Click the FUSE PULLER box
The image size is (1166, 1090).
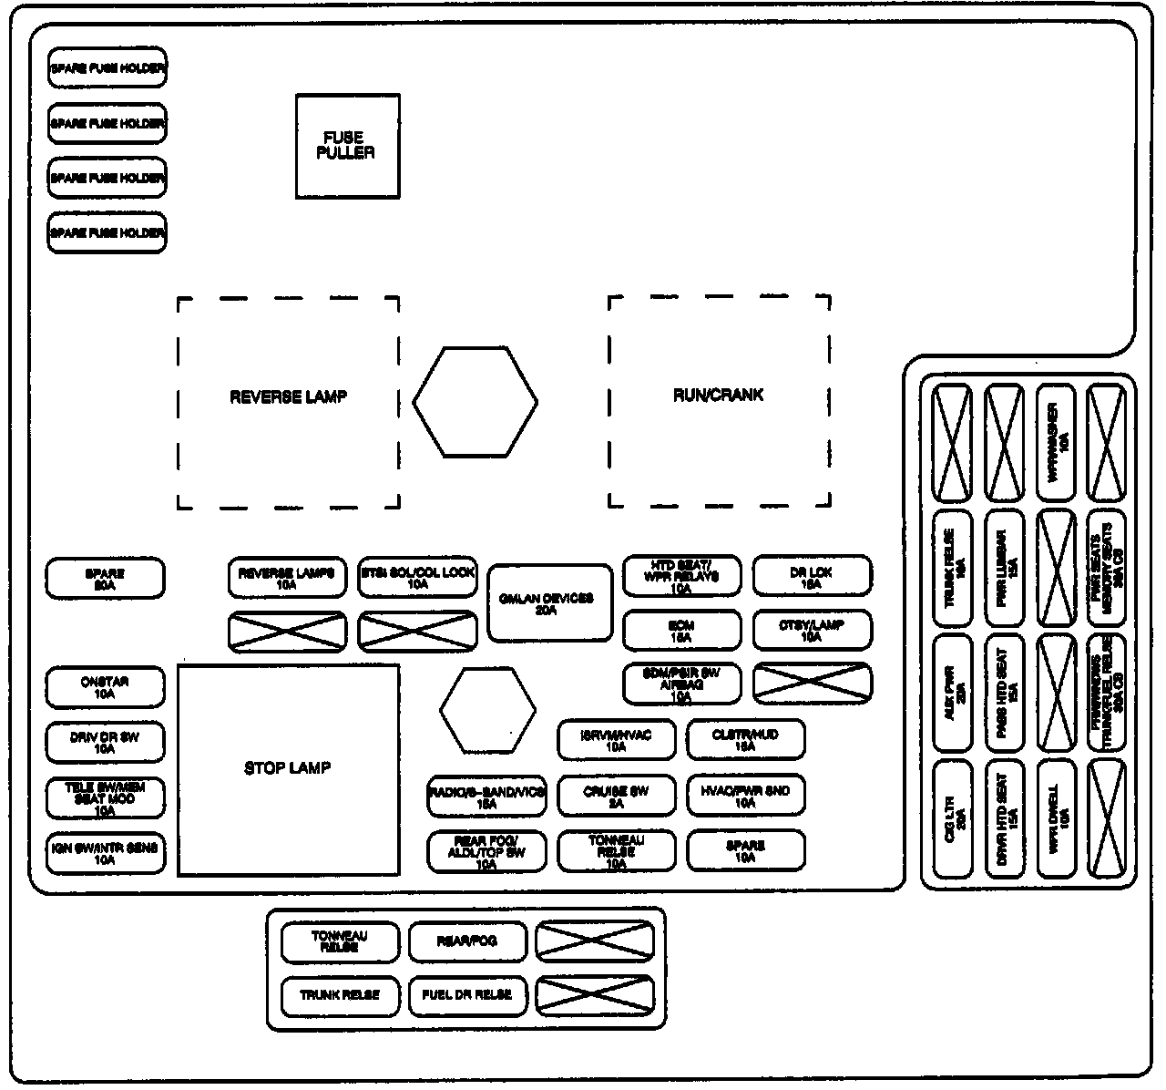point(347,146)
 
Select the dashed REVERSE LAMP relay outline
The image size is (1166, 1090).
point(288,401)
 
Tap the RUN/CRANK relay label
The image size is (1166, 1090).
point(718,396)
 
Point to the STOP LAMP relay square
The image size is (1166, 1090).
point(288,769)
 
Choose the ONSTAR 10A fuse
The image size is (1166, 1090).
point(106,687)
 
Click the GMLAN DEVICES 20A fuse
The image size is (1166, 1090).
point(549,602)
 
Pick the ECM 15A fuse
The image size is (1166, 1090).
point(681,632)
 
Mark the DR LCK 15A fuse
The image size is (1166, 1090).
point(812,577)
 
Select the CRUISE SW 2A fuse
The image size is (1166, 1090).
point(617,796)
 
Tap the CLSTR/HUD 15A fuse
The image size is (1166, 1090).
point(745,740)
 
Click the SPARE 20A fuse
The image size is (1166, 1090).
point(106,580)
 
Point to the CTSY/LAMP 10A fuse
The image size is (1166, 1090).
point(812,631)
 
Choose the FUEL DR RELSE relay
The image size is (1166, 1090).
point(467,994)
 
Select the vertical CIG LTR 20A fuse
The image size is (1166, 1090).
point(953,820)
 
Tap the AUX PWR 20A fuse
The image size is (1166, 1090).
point(953,693)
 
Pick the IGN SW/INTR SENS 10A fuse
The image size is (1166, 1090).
point(106,853)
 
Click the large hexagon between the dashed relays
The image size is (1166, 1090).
point(475,401)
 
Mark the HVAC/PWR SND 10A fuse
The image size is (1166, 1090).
point(745,796)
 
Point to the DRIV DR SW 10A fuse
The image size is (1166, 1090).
point(106,743)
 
